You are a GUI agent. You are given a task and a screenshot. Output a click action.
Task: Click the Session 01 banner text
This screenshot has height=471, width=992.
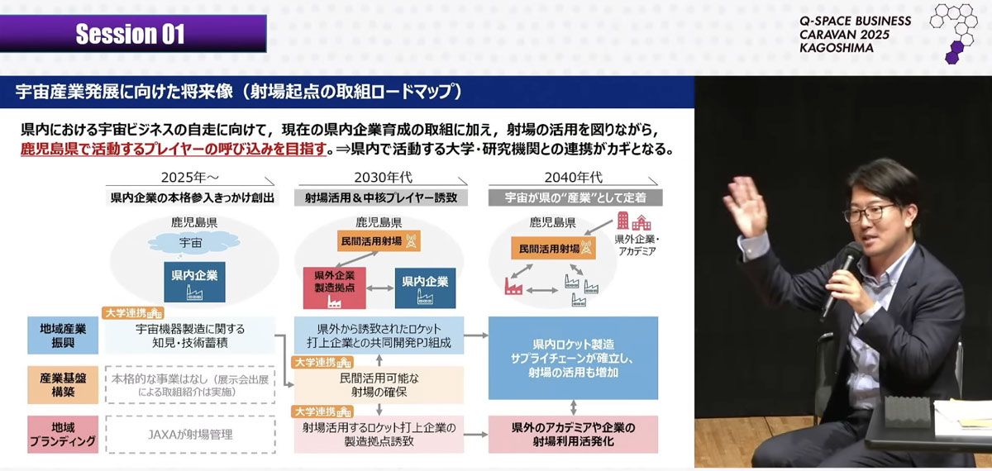tap(130, 34)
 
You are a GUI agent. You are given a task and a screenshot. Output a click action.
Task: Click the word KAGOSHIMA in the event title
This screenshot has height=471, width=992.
tap(836, 48)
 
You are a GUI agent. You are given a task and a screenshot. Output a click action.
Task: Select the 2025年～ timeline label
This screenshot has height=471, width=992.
tap(193, 178)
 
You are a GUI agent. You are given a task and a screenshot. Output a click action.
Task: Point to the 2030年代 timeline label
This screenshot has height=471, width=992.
tap(383, 178)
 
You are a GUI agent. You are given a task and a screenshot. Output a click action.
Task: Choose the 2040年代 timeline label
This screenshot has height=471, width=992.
tap(573, 178)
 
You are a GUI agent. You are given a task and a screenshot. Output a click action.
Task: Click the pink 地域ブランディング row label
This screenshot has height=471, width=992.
tap(63, 434)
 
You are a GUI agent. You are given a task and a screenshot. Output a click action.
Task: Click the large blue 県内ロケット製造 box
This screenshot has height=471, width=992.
tap(573, 358)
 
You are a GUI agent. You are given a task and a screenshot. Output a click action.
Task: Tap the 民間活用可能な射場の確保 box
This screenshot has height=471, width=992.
tap(379, 384)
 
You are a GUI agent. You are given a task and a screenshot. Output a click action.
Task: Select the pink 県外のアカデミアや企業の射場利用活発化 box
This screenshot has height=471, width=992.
tap(573, 434)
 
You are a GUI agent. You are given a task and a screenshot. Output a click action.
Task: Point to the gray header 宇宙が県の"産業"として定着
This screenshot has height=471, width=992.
tap(573, 198)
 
